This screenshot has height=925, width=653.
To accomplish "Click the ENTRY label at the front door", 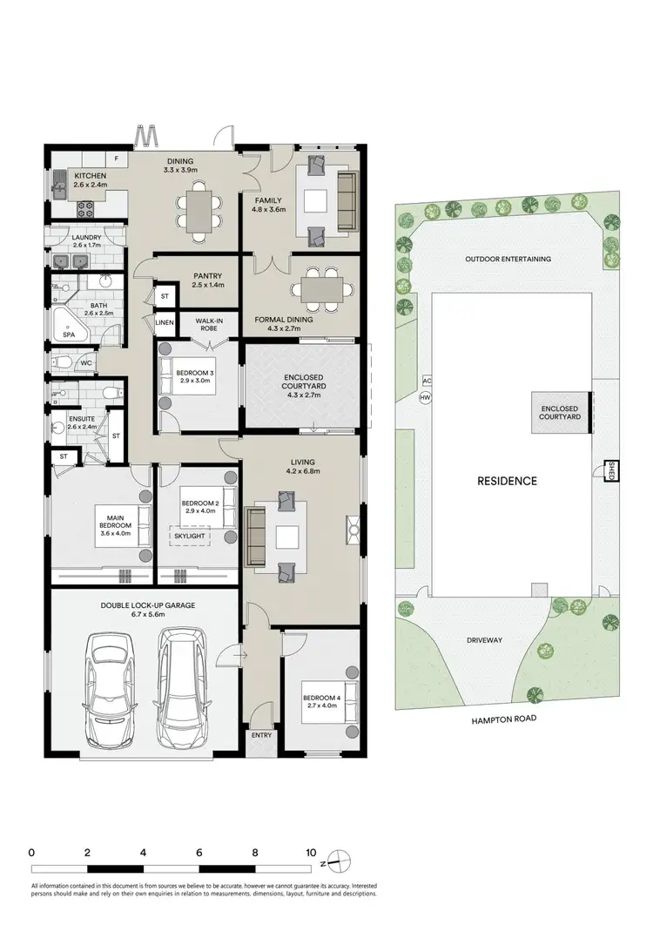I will tap(261, 735).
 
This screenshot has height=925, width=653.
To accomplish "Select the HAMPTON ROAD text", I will tap(502, 719).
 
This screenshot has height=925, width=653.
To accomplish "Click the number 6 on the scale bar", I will tap(199, 852).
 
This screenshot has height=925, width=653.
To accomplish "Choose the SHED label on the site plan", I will tap(611, 470).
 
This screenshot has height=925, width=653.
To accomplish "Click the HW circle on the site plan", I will tap(425, 398).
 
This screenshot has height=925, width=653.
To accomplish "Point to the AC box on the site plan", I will tap(426, 381).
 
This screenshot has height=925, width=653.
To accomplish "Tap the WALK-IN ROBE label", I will tap(209, 324).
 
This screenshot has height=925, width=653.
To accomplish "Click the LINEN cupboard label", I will tap(165, 323).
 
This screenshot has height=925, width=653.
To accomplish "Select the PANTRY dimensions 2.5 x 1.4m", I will tap(208, 285).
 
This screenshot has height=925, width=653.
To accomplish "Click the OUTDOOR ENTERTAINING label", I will tap(508, 259).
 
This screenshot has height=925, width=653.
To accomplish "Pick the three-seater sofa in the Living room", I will tap(257, 537).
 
